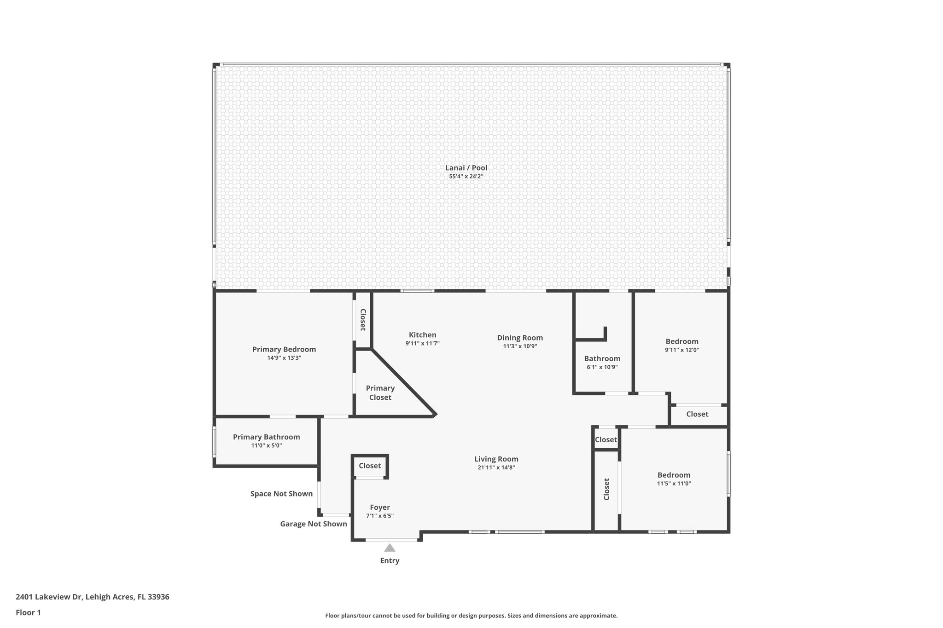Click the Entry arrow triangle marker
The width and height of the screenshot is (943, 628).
390,547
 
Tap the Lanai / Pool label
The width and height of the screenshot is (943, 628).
466,168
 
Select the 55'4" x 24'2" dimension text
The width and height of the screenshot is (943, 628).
466,177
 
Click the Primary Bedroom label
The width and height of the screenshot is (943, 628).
284,349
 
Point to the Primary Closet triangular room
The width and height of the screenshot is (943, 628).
380,392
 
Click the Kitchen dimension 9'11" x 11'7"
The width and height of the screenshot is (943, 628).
422,344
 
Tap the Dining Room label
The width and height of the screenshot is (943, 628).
520,338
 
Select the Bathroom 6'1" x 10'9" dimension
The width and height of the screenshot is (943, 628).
602,367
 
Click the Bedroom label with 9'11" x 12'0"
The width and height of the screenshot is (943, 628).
681,341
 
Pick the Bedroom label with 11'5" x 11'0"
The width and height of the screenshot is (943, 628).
674,475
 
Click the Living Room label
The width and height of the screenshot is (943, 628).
496,459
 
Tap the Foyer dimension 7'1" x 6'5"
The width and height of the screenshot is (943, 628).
379,516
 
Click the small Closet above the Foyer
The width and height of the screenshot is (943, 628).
370,466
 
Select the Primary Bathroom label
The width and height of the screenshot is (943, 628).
266,437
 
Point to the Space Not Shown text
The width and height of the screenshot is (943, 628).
281,494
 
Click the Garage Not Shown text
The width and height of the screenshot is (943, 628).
313,524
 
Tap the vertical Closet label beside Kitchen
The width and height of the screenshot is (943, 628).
363,320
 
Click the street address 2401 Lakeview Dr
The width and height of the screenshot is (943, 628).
92,597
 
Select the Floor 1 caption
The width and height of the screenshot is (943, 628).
28,612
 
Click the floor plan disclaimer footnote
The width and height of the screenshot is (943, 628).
471,616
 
